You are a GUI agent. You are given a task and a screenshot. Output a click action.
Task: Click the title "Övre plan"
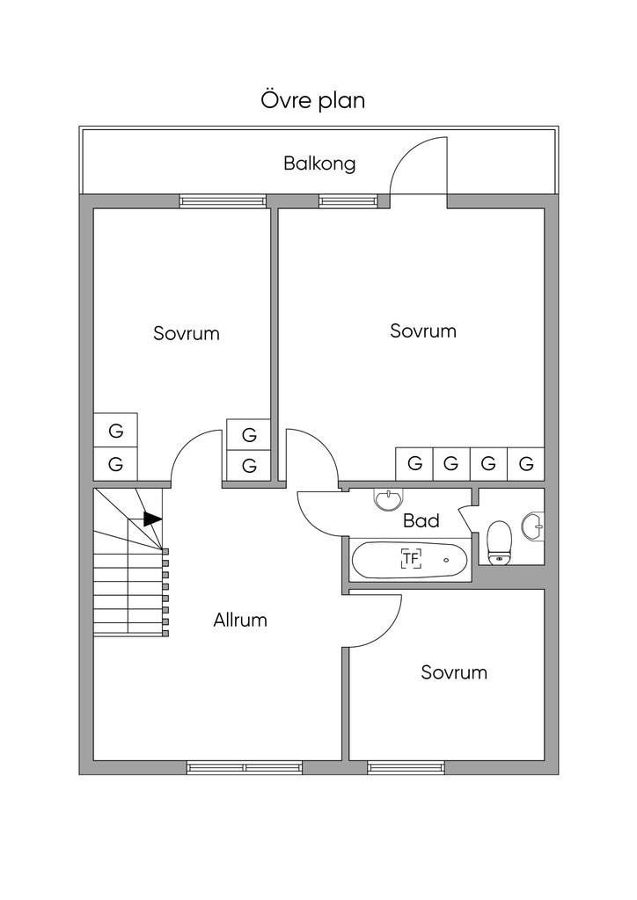[312, 100]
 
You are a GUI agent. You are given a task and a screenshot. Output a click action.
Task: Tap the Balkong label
[319, 163]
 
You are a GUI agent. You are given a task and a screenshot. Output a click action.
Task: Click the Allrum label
[240, 620]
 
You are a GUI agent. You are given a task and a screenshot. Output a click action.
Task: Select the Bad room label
[421, 520]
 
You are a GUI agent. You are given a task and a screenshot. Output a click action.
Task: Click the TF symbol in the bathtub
[411, 557]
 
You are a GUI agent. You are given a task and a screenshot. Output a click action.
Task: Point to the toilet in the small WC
[499, 541]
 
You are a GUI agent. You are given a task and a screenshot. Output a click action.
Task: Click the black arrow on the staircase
[152, 519]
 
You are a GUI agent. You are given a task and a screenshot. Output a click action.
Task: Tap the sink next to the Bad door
[386, 499]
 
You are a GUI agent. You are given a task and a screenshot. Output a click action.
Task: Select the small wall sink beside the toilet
[533, 526]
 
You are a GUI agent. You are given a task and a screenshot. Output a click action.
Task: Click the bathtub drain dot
[446, 559]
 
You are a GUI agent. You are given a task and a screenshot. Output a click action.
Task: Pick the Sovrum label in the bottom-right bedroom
[454, 672]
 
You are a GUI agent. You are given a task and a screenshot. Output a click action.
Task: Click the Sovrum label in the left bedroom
[187, 333]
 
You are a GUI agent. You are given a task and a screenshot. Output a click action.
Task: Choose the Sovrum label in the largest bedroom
[423, 330]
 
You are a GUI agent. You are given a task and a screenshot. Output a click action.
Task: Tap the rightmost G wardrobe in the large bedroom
[526, 462]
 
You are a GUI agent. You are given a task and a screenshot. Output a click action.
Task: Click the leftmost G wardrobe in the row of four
[414, 462]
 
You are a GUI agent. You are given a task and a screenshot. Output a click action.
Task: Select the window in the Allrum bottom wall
[244, 767]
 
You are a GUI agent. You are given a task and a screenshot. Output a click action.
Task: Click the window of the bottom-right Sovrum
[406, 767]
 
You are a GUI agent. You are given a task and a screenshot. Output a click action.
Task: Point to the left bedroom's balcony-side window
[222, 200]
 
